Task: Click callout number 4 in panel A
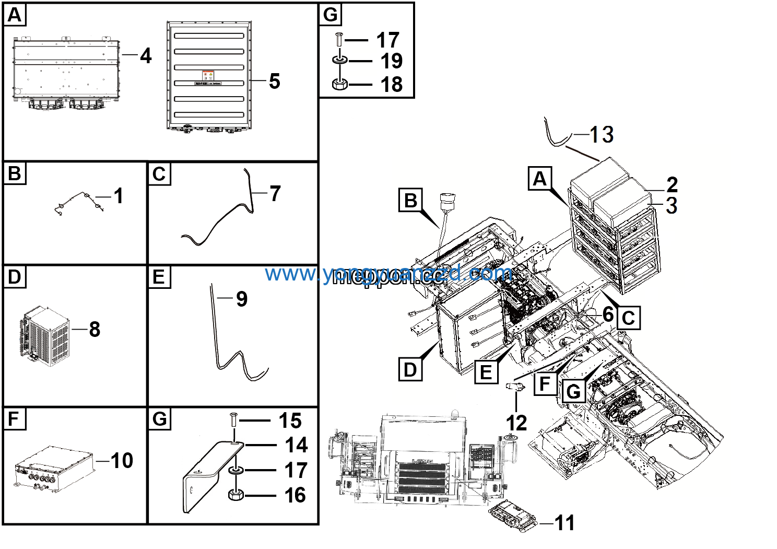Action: pos(146,56)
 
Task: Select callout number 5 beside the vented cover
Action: pos(275,81)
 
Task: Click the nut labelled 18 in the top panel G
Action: pos(340,84)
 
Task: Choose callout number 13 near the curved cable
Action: pos(602,135)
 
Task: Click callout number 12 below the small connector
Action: pos(516,423)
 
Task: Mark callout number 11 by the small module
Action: pos(564,522)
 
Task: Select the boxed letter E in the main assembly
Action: pos(486,372)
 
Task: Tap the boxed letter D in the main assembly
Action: pos(410,369)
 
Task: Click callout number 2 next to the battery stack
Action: pos(672,184)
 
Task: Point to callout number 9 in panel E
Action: pos(241,299)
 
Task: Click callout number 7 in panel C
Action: pos(275,194)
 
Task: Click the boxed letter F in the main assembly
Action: pos(545,384)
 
